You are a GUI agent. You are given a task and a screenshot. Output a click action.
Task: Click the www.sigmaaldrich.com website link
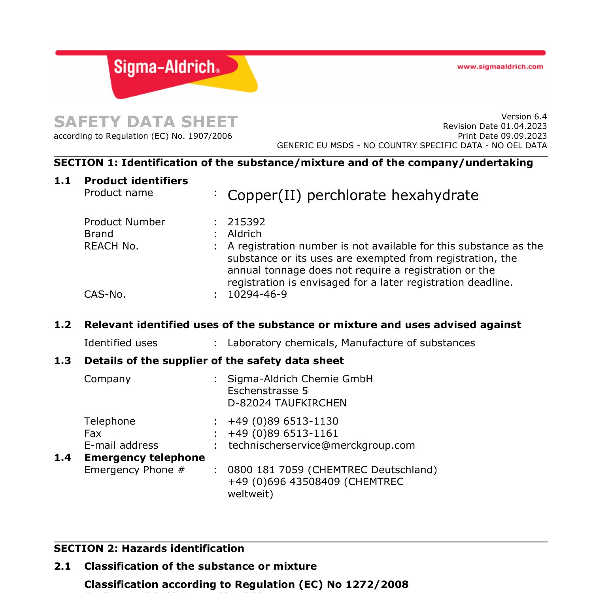[500, 67]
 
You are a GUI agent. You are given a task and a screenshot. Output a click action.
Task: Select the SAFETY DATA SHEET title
[146, 122]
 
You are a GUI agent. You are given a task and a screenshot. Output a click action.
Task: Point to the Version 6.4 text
[524, 117]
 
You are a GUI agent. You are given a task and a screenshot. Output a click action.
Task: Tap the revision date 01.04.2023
[523, 126]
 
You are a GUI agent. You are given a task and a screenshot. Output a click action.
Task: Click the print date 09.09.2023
[523, 136]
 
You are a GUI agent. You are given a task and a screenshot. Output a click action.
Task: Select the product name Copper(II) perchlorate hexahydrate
[353, 195]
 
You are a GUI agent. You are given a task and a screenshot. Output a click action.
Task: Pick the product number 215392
[246, 222]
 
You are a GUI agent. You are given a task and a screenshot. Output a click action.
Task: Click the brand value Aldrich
[244, 234]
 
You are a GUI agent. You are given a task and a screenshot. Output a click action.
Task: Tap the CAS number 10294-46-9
[257, 295]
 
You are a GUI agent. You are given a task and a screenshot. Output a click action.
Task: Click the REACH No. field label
[111, 246]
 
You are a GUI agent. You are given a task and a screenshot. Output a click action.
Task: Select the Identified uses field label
[121, 343]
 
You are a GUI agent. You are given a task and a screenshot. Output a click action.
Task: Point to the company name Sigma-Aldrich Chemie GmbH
[300, 379]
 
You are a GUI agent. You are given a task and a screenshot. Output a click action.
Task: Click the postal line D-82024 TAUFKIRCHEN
[287, 403]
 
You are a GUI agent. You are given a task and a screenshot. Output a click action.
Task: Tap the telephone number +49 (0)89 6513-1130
[283, 421]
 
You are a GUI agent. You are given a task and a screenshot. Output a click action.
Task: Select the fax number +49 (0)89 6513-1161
[283, 434]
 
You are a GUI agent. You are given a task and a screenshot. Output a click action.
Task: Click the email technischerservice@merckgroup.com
[321, 446]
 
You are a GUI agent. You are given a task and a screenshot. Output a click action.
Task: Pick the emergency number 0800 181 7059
[266, 470]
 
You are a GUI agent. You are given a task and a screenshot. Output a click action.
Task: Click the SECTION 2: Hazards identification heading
[149, 549]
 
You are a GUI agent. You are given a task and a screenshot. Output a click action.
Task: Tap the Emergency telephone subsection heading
[144, 458]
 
